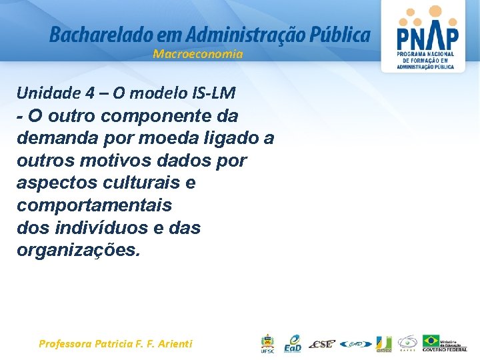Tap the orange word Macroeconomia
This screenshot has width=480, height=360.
[198, 54]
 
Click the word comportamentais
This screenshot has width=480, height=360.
[94, 205]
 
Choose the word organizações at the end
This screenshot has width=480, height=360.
[79, 251]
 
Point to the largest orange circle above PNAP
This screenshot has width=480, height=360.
[435, 11]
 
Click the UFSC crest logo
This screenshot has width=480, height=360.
[267, 343]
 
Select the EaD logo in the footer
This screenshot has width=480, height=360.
[293, 343]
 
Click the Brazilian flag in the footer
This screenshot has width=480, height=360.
[431, 340]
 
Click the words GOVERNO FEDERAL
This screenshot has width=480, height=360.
[445, 349]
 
